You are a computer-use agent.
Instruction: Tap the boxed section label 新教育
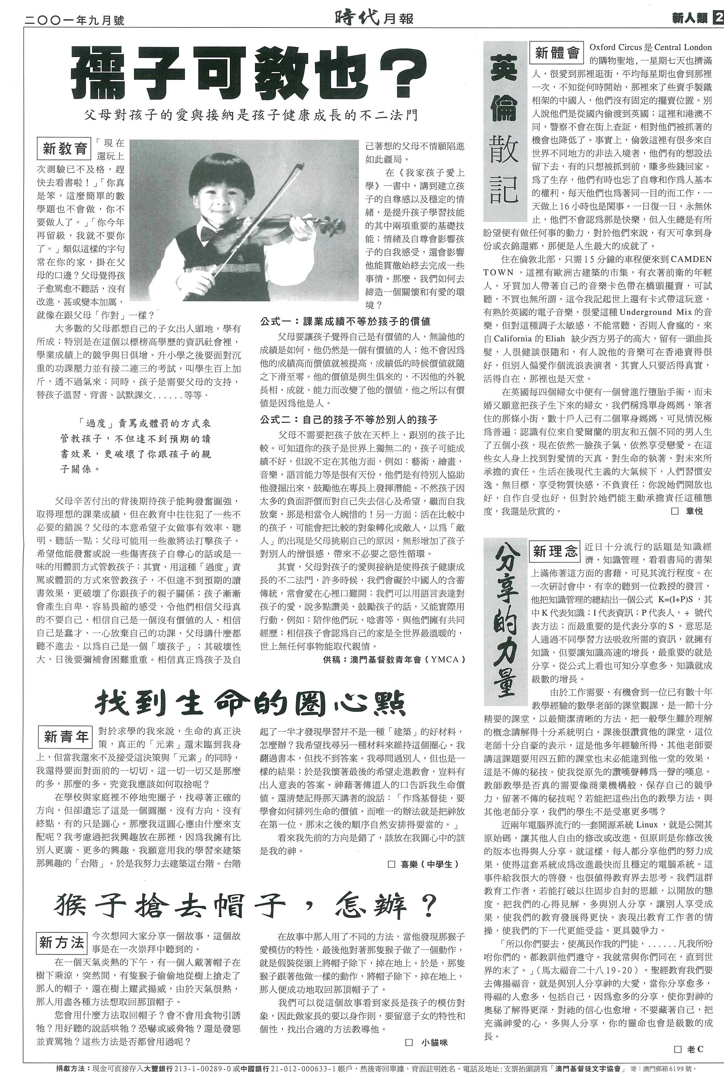click(65, 149)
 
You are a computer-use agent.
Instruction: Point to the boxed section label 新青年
click(66, 737)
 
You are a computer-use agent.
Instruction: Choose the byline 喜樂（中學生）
click(426, 864)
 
